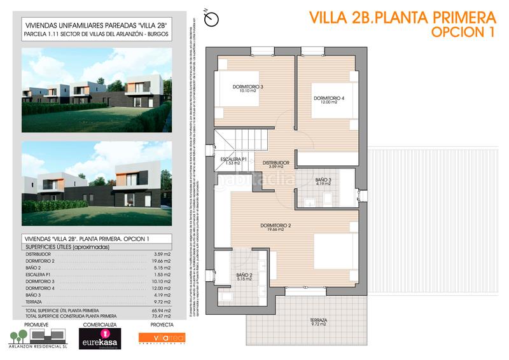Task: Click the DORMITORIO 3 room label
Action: [x=248, y=87]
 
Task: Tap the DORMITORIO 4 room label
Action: [x=329, y=99]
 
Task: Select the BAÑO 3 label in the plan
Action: [x=323, y=181]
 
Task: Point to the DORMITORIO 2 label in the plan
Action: [x=275, y=226]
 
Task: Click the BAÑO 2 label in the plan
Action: [x=245, y=275]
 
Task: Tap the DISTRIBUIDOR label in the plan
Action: [x=276, y=163]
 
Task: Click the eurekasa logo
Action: [x=97, y=342]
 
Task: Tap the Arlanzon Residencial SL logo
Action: [x=38, y=341]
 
